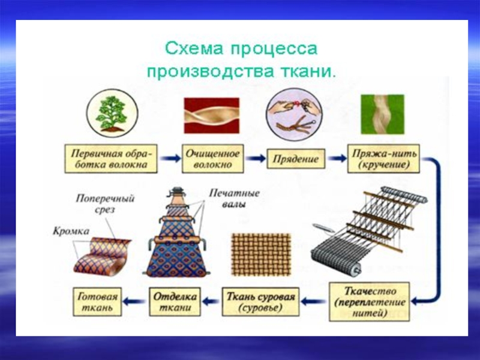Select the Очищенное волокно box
coord(212,158)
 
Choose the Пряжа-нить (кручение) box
coord(382,158)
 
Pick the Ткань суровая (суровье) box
coord(259,302)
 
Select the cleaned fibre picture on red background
coord(211,116)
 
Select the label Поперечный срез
coord(105,204)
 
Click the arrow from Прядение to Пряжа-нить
coord(336,159)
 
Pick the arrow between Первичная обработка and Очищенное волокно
coord(170,159)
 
